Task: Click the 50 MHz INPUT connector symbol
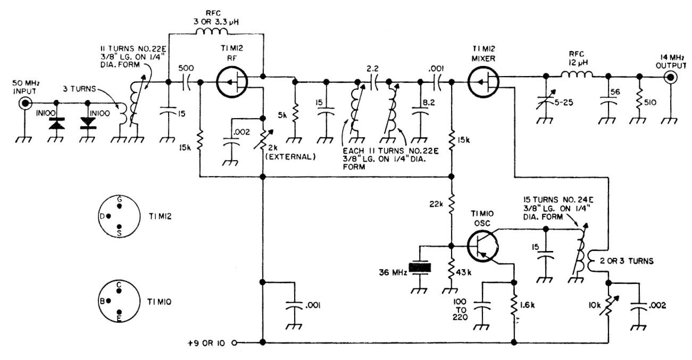tap(24, 102)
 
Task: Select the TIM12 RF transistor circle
tap(232, 82)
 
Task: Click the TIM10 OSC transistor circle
tap(483, 246)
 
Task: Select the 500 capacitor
tap(186, 82)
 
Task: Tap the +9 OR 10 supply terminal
tap(234, 342)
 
